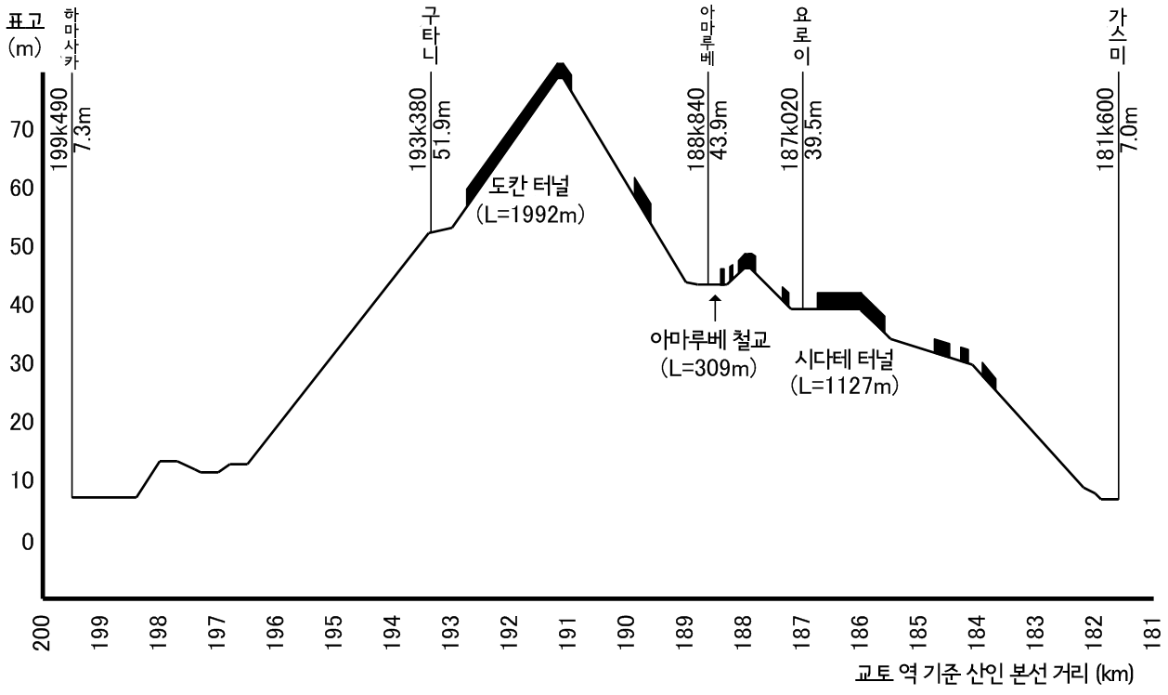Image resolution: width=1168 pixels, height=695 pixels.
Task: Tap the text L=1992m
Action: pyautogui.click(x=534, y=216)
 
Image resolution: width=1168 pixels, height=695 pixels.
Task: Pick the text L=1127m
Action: pyautogui.click(x=844, y=383)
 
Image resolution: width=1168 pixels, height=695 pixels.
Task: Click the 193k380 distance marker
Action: pyautogui.click(x=417, y=128)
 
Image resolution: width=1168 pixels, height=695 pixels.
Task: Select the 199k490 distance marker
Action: pyautogui.click(x=59, y=128)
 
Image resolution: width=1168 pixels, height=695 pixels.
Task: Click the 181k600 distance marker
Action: pyautogui.click(x=1106, y=128)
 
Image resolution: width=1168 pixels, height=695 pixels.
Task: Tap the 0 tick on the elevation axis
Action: pyautogui.click(x=27, y=541)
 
